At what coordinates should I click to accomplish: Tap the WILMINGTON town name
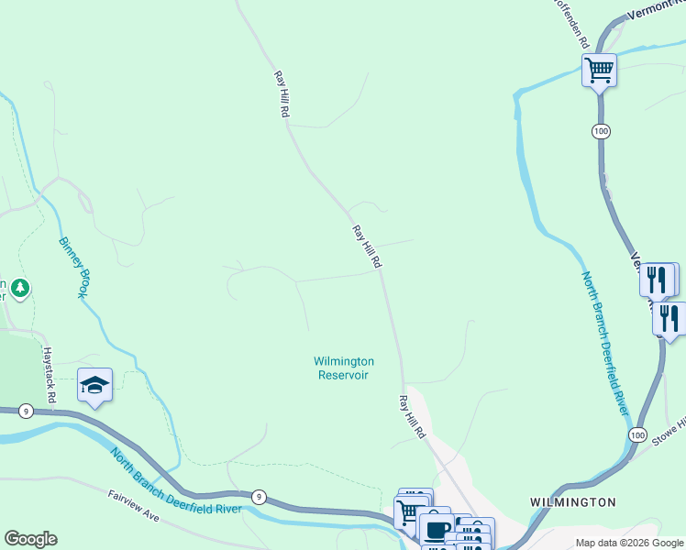pos(572,502)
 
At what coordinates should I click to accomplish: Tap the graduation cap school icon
pos(94,384)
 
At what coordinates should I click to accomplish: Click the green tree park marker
pos(19,289)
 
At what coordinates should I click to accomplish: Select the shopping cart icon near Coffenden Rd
pos(599,70)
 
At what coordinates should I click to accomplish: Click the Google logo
pos(30,539)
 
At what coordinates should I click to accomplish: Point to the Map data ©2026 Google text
pos(629,543)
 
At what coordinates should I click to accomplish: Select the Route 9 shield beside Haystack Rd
pos(26,412)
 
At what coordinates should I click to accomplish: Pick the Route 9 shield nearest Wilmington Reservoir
pos(260,497)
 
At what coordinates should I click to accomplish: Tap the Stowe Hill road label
pos(669,428)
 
